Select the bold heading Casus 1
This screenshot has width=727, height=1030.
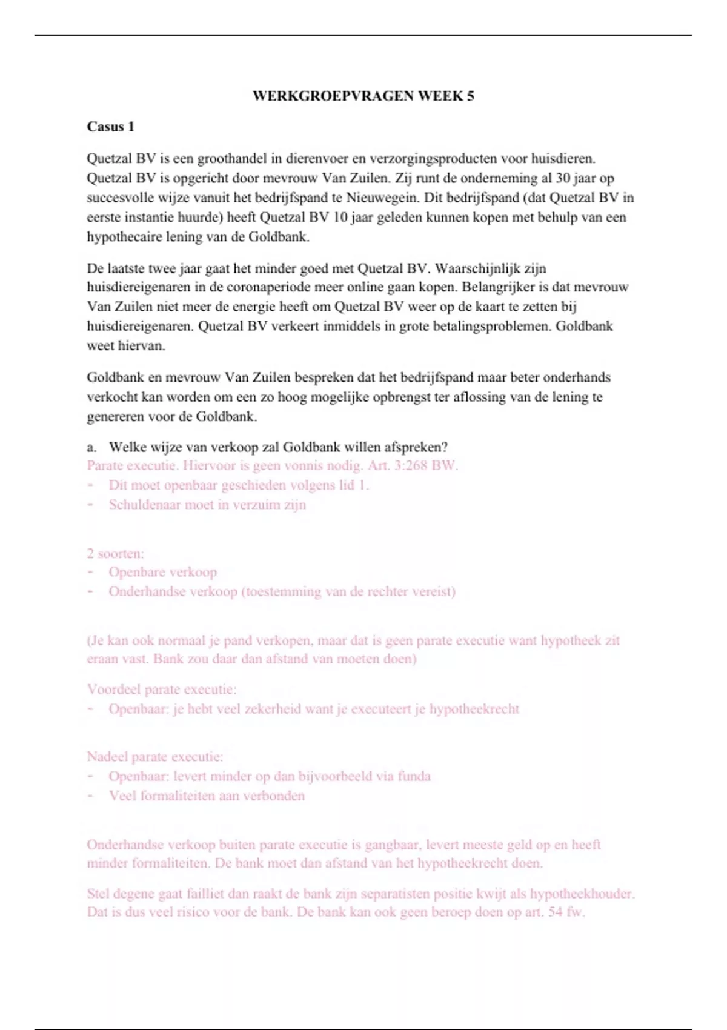click(110, 127)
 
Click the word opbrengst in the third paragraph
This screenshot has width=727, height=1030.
click(395, 397)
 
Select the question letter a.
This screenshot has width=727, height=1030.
click(91, 447)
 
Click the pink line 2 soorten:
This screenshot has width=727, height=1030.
click(115, 553)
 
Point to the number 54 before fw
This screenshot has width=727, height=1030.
click(555, 912)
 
